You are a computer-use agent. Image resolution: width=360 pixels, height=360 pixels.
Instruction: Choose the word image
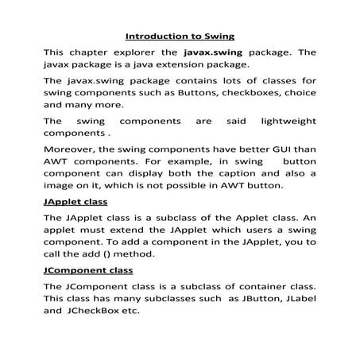point(61,187)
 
